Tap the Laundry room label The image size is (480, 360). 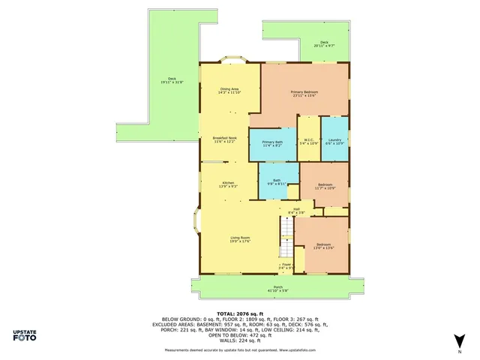click(334, 141)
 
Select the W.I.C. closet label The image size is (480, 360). click(309, 141)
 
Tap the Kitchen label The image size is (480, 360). click(228, 184)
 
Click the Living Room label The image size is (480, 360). click(240, 239)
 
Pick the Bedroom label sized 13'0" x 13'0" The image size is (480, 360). click(324, 246)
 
